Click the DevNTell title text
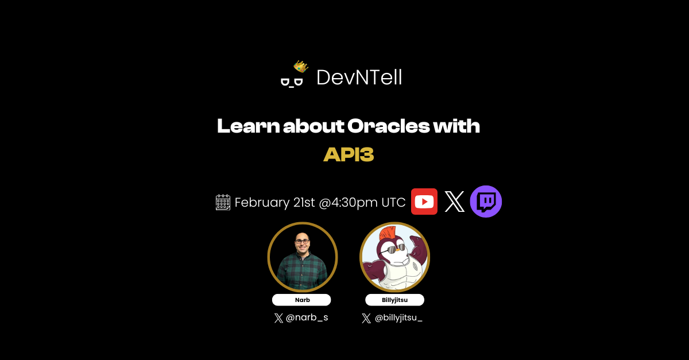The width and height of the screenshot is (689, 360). tap(359, 78)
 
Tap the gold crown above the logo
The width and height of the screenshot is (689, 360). tap(301, 66)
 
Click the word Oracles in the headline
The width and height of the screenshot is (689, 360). tap(388, 126)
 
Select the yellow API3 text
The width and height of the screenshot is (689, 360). tap(349, 154)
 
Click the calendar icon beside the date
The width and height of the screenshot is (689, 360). tap(223, 203)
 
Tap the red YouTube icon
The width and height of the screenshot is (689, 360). tap(424, 202)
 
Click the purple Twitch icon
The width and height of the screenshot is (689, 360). tap(486, 202)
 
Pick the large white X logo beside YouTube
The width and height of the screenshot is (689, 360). tap(454, 202)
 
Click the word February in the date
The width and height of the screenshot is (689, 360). tap(262, 203)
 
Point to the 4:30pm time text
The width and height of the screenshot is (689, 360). tap(354, 203)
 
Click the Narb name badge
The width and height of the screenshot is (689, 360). tap(301, 300)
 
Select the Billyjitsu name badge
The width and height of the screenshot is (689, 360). tap(394, 300)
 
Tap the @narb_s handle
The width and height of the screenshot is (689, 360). tap(307, 318)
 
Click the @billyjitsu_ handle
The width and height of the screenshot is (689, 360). tap(398, 318)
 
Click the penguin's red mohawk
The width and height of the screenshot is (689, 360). tap(388, 233)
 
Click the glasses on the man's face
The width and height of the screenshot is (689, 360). tap(302, 242)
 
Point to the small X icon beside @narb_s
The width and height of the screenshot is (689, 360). tap(278, 318)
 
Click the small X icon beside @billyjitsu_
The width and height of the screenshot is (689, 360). tap(366, 318)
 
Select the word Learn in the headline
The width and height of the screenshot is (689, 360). tap(249, 126)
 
